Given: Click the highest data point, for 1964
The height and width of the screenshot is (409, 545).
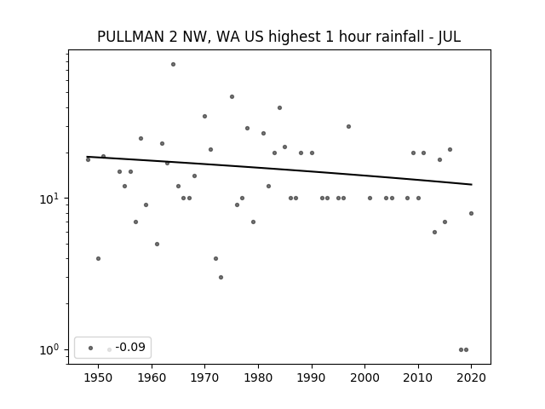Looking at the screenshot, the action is pos(173,65).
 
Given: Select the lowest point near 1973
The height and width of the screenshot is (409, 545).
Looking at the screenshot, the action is pos(221,277).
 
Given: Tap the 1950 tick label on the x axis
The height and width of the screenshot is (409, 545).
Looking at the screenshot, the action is pos(99,377).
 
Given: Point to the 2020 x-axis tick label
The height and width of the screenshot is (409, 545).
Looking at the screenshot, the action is pos(471,377).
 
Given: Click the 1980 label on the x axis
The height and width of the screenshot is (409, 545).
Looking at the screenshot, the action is pos(258,377).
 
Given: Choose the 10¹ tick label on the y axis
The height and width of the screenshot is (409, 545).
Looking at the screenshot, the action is pos(49,199).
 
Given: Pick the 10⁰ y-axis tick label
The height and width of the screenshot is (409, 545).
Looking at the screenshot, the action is pos(49,350).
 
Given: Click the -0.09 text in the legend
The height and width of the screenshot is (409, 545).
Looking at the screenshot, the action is pos(130,347).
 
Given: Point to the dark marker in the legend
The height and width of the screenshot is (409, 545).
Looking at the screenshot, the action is pos(91,348).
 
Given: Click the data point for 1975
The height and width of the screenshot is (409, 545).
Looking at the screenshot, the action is pos(232,96).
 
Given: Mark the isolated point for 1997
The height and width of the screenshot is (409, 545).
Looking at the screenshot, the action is pos(348,127).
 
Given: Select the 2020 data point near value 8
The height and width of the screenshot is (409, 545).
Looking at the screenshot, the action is pos(471,214).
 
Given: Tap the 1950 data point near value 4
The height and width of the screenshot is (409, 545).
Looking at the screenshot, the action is pos(99,258).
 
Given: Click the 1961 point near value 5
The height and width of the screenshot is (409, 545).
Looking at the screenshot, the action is pos(157,245).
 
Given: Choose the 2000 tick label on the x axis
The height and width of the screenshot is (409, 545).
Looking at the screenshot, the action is pos(365,377).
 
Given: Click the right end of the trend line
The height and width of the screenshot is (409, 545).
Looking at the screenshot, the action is pos(472,184).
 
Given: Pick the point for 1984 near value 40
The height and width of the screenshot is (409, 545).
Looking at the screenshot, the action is pos(279,108).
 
